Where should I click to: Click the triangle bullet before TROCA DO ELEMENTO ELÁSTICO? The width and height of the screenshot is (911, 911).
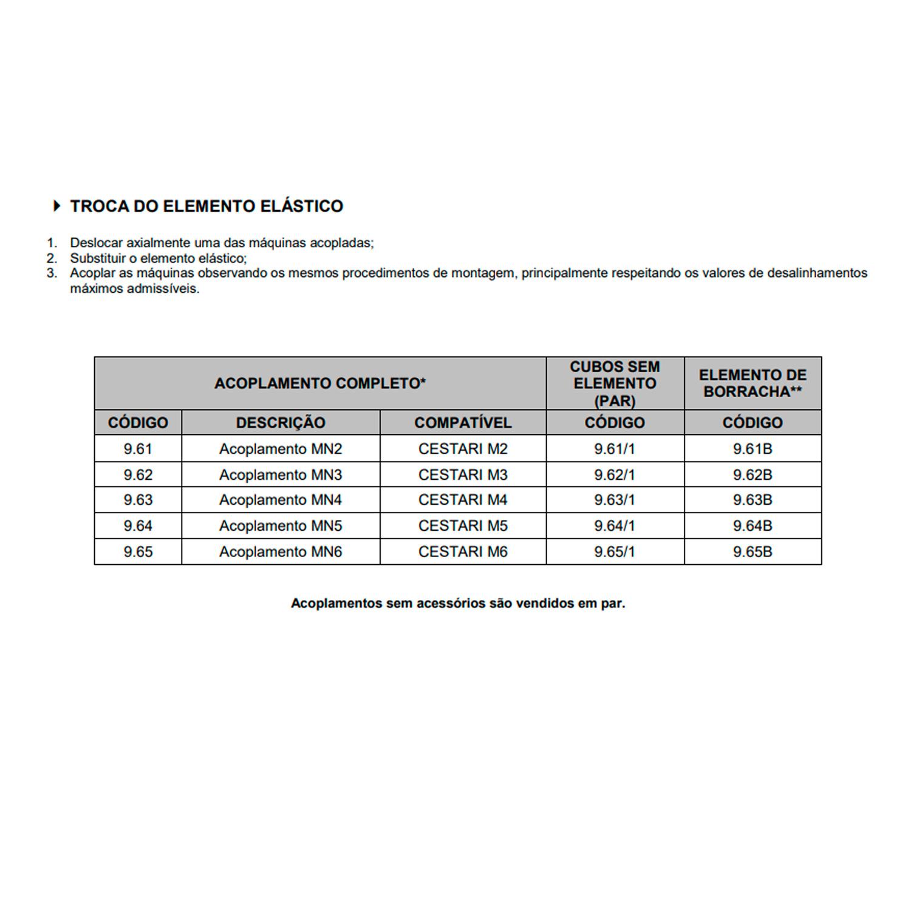[x=57, y=206]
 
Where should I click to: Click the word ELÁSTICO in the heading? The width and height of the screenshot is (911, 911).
[x=302, y=206]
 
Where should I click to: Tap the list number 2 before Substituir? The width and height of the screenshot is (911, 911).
[x=52, y=258]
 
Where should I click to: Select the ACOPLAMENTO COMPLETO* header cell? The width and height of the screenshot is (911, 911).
[x=320, y=383]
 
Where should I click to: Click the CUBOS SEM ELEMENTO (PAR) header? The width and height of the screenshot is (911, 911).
[x=615, y=383]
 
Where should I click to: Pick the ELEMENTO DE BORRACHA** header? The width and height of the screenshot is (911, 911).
[x=752, y=383]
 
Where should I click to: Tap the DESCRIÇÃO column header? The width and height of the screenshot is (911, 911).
[x=281, y=423]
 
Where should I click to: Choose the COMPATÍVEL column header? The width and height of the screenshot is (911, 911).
[x=463, y=423]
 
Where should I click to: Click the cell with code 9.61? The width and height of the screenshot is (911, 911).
[x=138, y=449]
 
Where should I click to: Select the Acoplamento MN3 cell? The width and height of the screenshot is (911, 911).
[x=281, y=475]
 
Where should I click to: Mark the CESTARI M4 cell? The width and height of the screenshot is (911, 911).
[x=463, y=500]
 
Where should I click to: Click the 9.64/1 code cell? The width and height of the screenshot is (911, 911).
[x=615, y=526]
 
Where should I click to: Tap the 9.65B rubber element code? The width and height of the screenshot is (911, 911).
[x=752, y=552]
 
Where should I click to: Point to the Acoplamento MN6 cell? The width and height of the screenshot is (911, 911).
[x=281, y=552]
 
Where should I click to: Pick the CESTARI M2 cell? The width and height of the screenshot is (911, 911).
[x=463, y=449]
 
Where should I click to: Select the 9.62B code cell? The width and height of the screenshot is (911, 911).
[x=752, y=475]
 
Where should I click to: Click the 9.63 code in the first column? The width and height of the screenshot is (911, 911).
[x=138, y=500]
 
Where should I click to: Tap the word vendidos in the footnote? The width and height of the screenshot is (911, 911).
[x=545, y=604]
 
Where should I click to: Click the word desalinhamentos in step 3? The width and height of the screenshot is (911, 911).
[x=817, y=273]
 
